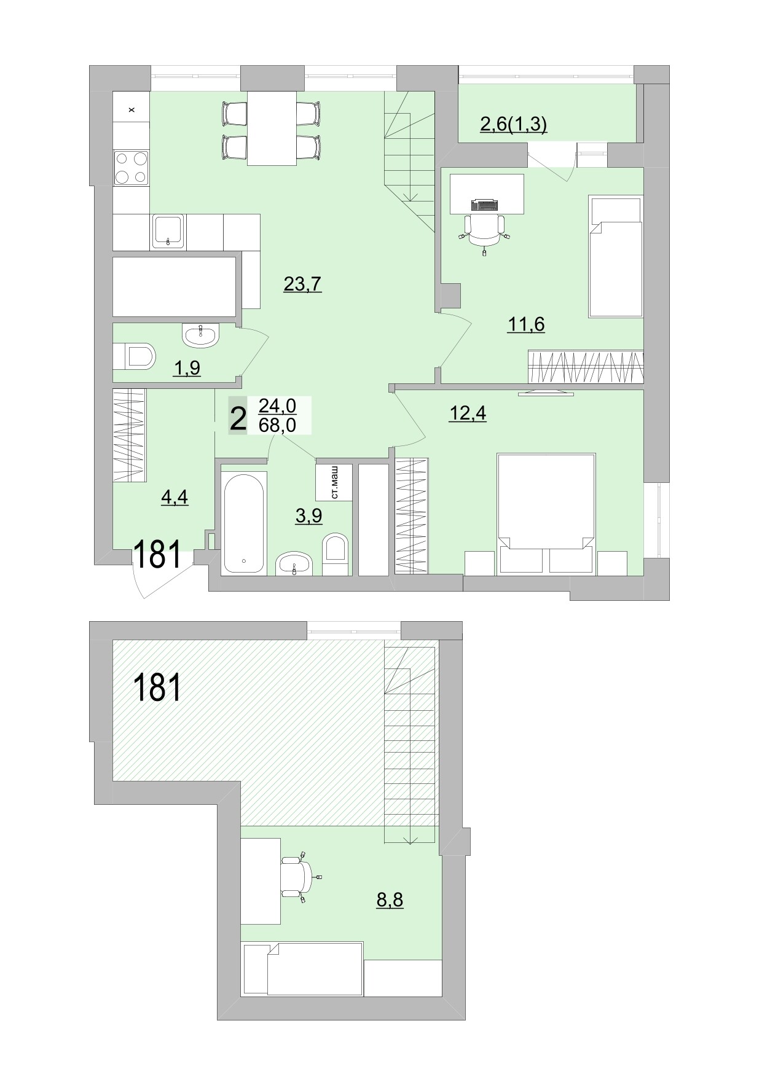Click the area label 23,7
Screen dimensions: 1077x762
[x=302, y=284]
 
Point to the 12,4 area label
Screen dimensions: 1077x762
[x=468, y=413]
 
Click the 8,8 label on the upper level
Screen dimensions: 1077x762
[x=390, y=900]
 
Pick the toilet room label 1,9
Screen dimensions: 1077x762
[x=187, y=368]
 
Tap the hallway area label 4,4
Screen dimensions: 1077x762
[x=174, y=497]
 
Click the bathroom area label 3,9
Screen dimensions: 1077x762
[x=308, y=515]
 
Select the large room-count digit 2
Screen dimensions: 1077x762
[x=238, y=417]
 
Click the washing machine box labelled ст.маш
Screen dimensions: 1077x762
[x=334, y=482]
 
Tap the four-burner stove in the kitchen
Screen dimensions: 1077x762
[x=132, y=168]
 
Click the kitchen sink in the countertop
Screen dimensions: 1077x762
[x=168, y=232]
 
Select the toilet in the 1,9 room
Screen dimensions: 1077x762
[x=139, y=356]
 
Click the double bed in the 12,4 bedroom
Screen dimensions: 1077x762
[x=546, y=504]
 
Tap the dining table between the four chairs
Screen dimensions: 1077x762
[x=272, y=128]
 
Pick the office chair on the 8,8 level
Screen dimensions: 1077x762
[x=297, y=877]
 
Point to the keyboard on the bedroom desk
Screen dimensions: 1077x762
[x=485, y=205]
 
